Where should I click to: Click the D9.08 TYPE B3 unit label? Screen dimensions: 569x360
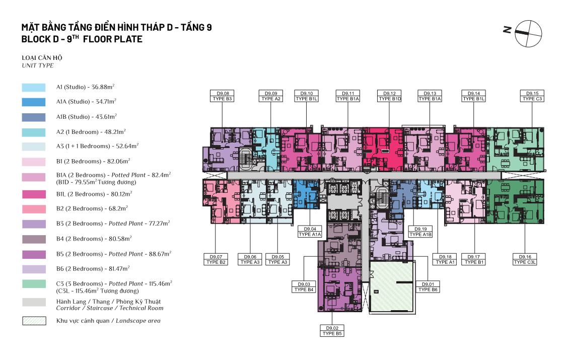(222, 96)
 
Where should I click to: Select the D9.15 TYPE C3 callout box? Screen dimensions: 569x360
(532, 96)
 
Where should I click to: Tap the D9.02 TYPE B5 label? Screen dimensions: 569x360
(332, 331)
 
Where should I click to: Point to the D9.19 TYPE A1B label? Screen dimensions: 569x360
(420, 232)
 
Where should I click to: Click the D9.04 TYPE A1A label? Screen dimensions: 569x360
(310, 232)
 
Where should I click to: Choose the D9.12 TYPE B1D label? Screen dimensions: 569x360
(389, 96)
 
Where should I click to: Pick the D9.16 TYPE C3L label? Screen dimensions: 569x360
(525, 259)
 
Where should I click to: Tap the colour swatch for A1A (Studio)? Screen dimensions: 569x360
(34, 102)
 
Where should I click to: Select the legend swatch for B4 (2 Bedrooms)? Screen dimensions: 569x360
(34, 239)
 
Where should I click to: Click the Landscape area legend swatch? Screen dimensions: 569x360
(34, 321)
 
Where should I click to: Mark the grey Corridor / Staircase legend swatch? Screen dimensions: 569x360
(34, 302)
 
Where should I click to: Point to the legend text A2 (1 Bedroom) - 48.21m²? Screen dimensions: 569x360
(91, 132)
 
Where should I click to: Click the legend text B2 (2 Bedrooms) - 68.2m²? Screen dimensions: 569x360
(92, 208)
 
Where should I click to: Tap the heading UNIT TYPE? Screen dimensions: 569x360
(38, 65)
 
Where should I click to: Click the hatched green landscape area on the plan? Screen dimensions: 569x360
(392, 286)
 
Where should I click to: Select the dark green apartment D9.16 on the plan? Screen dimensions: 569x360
(515, 201)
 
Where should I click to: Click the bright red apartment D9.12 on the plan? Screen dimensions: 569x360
(383, 149)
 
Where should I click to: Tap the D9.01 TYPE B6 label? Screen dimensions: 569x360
(428, 287)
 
